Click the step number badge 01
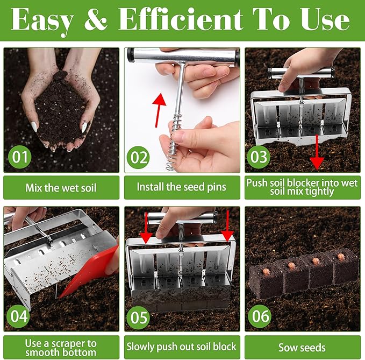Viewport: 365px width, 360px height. (x=19, y=157)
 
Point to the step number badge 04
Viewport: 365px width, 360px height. (x=19, y=316)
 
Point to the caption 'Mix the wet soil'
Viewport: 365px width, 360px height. (x=61, y=188)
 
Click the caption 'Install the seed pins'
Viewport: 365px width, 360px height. (x=182, y=188)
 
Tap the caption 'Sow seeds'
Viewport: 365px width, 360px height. (x=302, y=347)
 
